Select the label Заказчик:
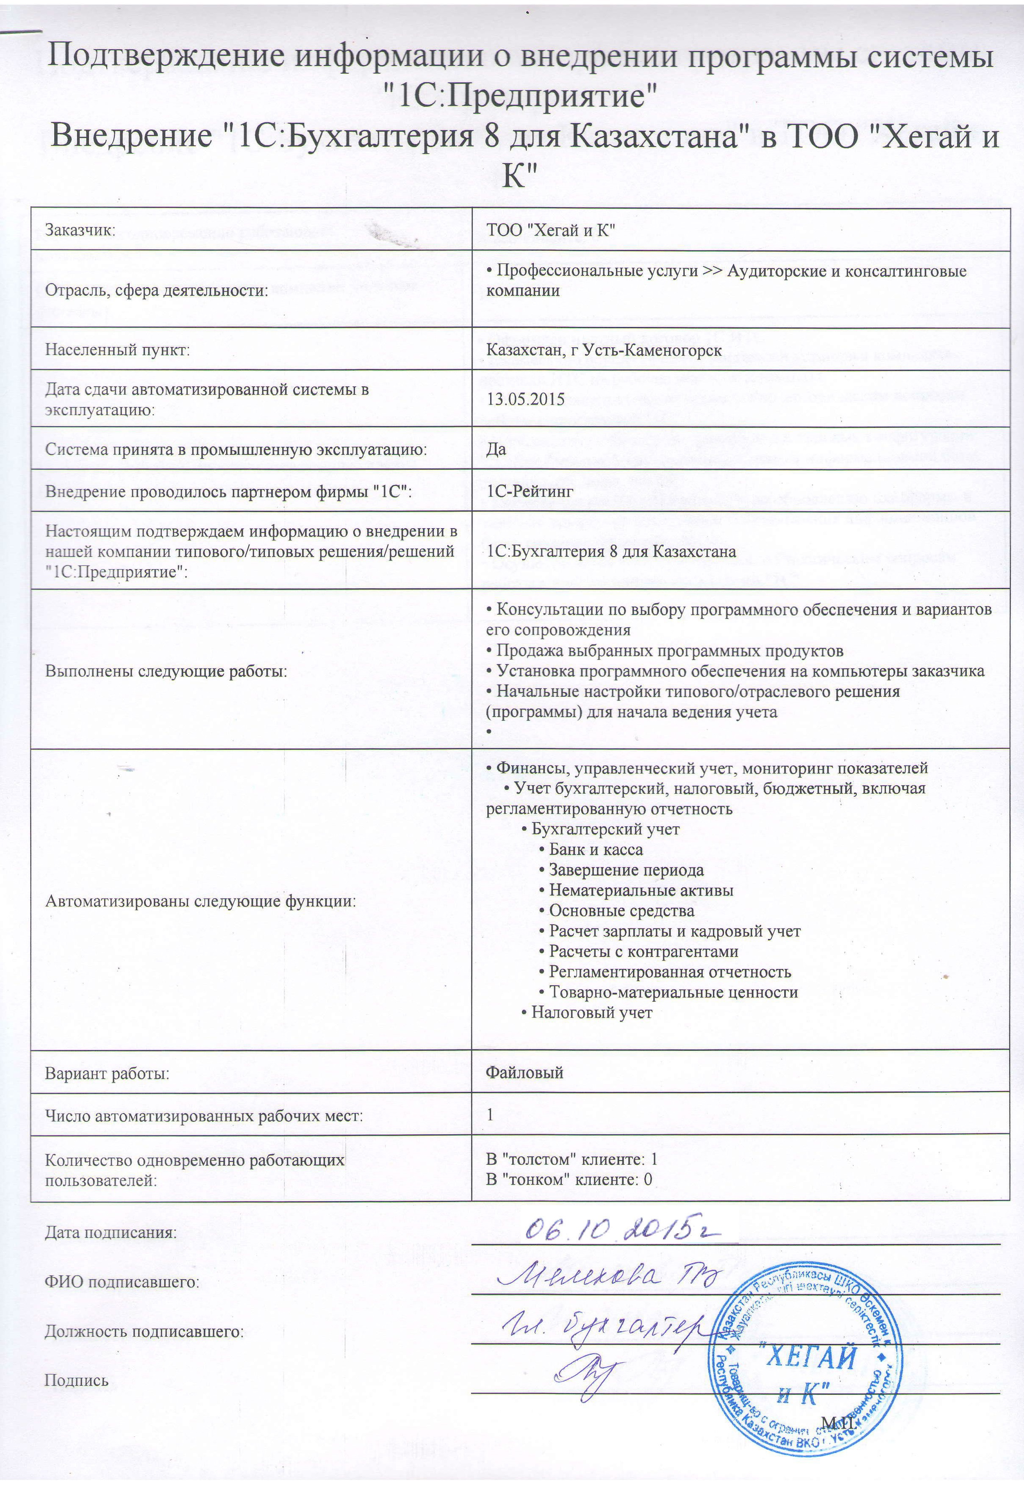click(80, 230)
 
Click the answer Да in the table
click(496, 449)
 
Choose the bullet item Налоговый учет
click(591, 1012)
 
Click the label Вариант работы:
click(107, 1072)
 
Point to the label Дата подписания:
click(110, 1232)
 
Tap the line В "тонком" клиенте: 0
click(569, 1178)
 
